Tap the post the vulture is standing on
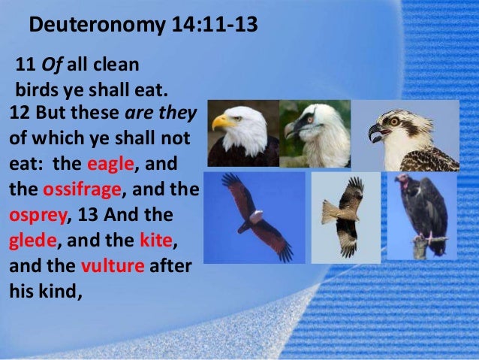click(x=420, y=248)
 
